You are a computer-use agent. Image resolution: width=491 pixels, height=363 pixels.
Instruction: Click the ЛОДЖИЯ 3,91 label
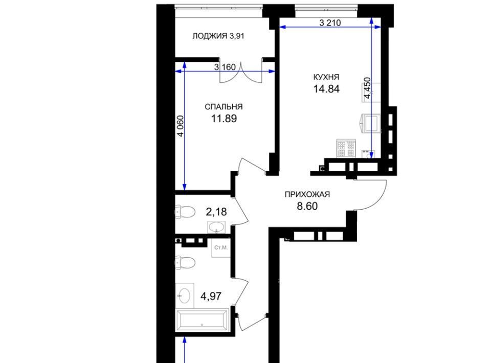218,36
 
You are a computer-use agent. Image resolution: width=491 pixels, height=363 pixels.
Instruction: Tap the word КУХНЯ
326,77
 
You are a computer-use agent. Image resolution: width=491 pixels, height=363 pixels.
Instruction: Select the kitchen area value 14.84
326,89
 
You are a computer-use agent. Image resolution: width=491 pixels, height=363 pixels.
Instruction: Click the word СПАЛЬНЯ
224,107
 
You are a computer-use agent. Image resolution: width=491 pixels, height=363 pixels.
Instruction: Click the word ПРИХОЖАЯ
307,194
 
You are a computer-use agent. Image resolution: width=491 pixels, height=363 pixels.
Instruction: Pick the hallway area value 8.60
307,206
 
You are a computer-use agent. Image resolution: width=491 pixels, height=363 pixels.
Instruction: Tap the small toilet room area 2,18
216,212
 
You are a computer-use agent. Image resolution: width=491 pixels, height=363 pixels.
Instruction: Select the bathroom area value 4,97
211,296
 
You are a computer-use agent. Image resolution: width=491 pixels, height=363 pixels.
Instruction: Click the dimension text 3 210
330,23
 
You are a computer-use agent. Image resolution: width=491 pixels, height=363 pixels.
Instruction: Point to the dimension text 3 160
225,67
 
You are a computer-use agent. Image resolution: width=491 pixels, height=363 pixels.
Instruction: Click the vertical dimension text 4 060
181,126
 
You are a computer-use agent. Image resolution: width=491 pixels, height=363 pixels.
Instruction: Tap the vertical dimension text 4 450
367,88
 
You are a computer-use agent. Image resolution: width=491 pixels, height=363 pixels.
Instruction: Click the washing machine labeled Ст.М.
221,248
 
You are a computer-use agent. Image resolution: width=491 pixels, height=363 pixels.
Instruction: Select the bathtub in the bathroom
203,320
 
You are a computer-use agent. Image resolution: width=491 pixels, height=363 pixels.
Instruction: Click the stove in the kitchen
346,148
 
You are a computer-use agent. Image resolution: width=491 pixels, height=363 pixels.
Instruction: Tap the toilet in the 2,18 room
185,212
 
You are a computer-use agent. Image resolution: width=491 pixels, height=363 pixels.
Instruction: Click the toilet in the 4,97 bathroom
185,263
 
